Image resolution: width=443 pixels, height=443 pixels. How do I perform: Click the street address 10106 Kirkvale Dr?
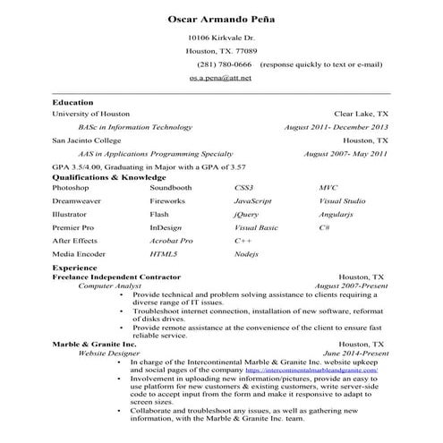coord(221,38)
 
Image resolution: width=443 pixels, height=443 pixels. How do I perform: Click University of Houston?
coord(91,115)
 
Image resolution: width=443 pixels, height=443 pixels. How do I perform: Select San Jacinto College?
coord(88,141)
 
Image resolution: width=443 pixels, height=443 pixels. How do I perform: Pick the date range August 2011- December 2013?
coord(336,127)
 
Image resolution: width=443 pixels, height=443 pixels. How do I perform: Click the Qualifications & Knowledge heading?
coord(110,178)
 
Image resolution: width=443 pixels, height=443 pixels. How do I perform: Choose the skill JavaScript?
coord(252,202)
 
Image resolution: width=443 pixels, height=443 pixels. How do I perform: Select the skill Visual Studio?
coord(342,202)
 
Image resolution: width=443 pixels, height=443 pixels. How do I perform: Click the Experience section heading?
coord(74,268)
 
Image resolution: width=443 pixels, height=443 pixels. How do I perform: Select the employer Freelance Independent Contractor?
coord(116,277)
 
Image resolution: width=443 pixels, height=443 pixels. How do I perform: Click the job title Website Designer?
coord(109,353)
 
